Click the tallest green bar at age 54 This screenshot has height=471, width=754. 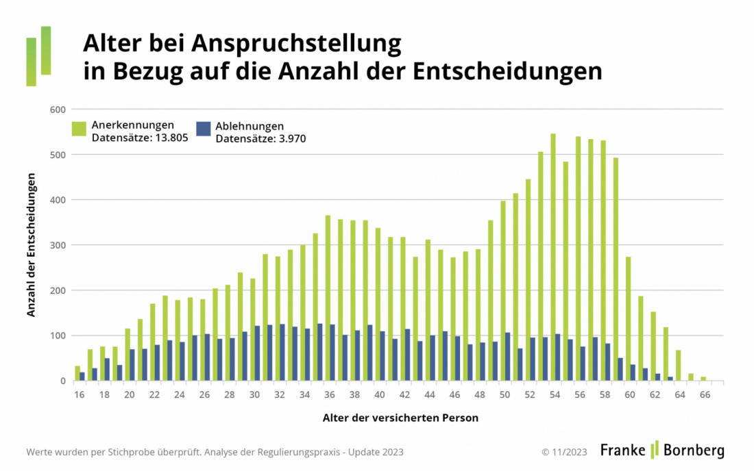point(553,257)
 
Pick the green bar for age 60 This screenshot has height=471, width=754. point(628,319)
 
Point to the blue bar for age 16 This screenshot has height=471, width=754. point(82,377)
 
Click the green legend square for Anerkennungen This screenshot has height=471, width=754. point(79,129)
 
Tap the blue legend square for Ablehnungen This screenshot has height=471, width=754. point(203,129)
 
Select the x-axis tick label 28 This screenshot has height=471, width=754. point(229,394)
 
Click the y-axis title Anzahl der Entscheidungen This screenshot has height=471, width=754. point(32,245)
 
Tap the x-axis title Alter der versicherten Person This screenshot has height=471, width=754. point(400,418)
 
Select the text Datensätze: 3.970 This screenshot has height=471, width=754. point(260,138)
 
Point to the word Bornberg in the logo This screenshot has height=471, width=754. point(693,450)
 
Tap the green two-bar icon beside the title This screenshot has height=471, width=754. point(38,56)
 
